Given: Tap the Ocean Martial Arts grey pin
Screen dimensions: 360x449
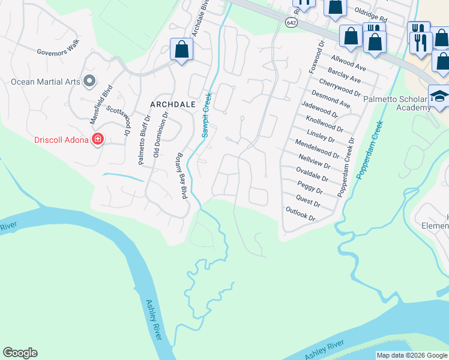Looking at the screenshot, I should pyautogui.click(x=90, y=80).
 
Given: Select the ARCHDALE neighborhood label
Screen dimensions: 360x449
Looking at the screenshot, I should pyautogui.click(x=173, y=104).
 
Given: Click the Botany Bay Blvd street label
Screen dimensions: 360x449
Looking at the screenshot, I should pyautogui.click(x=181, y=175).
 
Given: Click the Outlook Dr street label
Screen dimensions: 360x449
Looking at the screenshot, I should pyautogui.click(x=300, y=215).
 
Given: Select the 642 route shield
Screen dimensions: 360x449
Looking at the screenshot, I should pyautogui.click(x=291, y=22).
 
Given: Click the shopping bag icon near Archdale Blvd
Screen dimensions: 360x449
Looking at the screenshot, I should pyautogui.click(x=181, y=50).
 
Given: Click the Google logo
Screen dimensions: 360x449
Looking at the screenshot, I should pyautogui.click(x=20, y=353).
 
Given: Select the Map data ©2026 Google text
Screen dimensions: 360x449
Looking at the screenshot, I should pyautogui.click(x=412, y=355).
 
